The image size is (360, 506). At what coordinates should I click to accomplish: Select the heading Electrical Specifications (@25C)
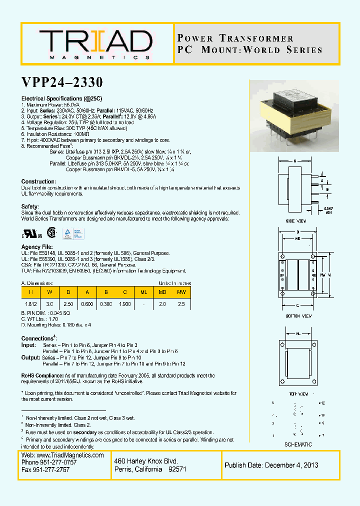(61, 99)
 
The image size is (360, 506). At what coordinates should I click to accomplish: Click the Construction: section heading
(38, 181)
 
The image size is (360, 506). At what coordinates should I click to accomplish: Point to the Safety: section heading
(30, 206)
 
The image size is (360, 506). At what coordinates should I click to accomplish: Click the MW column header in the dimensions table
(181, 291)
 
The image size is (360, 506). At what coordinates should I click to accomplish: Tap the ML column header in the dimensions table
(143, 291)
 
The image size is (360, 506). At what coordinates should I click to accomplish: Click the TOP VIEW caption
(299, 394)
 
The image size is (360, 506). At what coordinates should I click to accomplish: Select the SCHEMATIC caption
(298, 444)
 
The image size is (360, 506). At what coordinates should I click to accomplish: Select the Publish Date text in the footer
(271, 465)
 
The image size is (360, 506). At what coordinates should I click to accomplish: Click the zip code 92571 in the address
(177, 469)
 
